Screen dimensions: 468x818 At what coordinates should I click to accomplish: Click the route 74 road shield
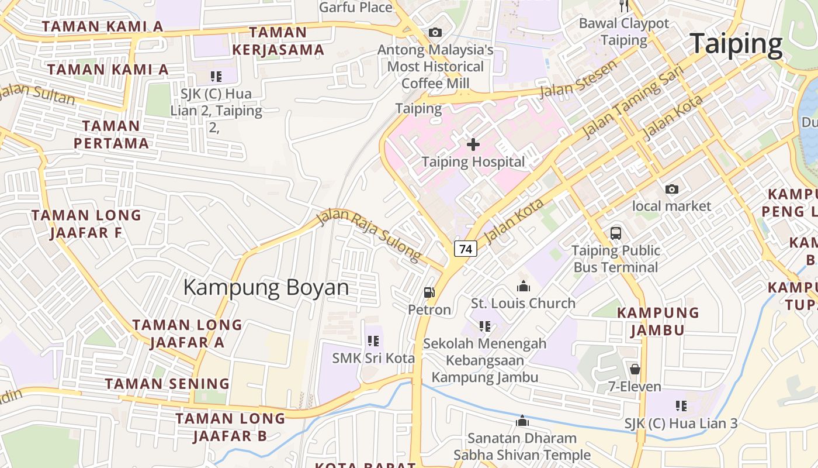coord(466,249)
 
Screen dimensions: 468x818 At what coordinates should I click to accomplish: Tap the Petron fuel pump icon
coord(429,292)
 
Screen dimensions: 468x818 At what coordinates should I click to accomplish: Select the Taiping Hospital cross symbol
coord(473,144)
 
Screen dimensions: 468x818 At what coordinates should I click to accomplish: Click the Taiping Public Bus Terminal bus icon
coord(616,233)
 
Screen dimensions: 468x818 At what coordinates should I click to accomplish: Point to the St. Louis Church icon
coord(523,286)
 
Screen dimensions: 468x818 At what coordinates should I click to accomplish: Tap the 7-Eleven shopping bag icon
coord(635,369)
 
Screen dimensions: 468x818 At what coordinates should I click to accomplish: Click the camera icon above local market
coord(672,189)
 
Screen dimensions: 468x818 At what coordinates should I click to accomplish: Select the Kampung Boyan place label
coord(266,288)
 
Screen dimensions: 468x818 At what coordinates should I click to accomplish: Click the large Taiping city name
coord(736,44)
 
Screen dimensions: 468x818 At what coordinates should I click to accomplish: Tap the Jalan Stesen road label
coord(578,80)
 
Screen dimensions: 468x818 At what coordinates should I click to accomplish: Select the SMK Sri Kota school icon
coord(373,340)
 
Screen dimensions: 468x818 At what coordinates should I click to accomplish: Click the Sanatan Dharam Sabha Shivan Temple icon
coord(522,421)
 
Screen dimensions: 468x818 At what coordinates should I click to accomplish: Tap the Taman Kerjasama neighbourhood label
coord(278,41)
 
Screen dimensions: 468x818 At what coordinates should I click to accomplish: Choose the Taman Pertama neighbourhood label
coord(111,135)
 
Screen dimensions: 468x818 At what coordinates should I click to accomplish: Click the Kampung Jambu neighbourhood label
coord(658,321)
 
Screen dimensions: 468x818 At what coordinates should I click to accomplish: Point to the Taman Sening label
coord(167,384)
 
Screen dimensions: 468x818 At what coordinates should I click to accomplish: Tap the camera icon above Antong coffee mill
coord(435,33)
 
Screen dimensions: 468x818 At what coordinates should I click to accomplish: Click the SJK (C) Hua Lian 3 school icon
coord(681,405)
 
